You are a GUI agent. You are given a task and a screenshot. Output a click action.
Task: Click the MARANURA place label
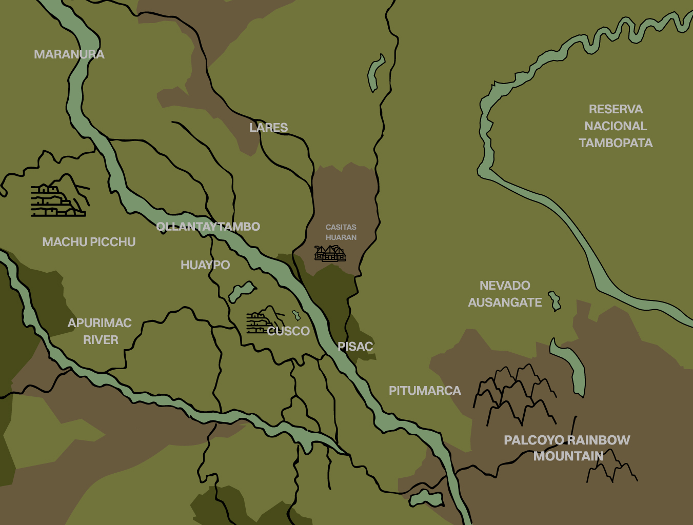coord(69,54)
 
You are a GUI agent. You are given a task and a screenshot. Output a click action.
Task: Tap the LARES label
coord(268,128)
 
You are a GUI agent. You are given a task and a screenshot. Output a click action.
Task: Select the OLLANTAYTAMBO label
coord(208,227)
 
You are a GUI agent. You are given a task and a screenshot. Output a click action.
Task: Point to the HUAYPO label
coord(205,265)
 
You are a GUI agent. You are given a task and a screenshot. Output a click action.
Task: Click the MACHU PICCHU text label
coord(89,242)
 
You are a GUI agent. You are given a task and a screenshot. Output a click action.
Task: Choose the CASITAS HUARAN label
coord(341,232)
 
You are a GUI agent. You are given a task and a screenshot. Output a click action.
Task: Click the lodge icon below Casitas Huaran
coord(330,253)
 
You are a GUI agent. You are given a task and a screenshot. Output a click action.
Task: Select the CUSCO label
coord(288,331)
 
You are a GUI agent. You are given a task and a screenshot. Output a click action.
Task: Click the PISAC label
coord(355,347)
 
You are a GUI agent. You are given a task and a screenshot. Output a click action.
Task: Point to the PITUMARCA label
coord(425,391)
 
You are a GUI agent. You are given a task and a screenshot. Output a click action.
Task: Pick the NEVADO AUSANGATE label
coord(505,294)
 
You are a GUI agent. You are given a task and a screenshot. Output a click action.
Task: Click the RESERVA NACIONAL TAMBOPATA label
coord(616,126)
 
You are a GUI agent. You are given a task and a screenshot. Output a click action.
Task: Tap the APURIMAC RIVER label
coord(100,331)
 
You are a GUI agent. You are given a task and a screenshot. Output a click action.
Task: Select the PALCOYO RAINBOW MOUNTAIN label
coord(567,448)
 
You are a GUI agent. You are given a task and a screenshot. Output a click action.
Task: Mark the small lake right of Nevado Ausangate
coord(555,301)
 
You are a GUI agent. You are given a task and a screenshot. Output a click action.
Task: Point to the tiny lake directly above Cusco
coord(296,315)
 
